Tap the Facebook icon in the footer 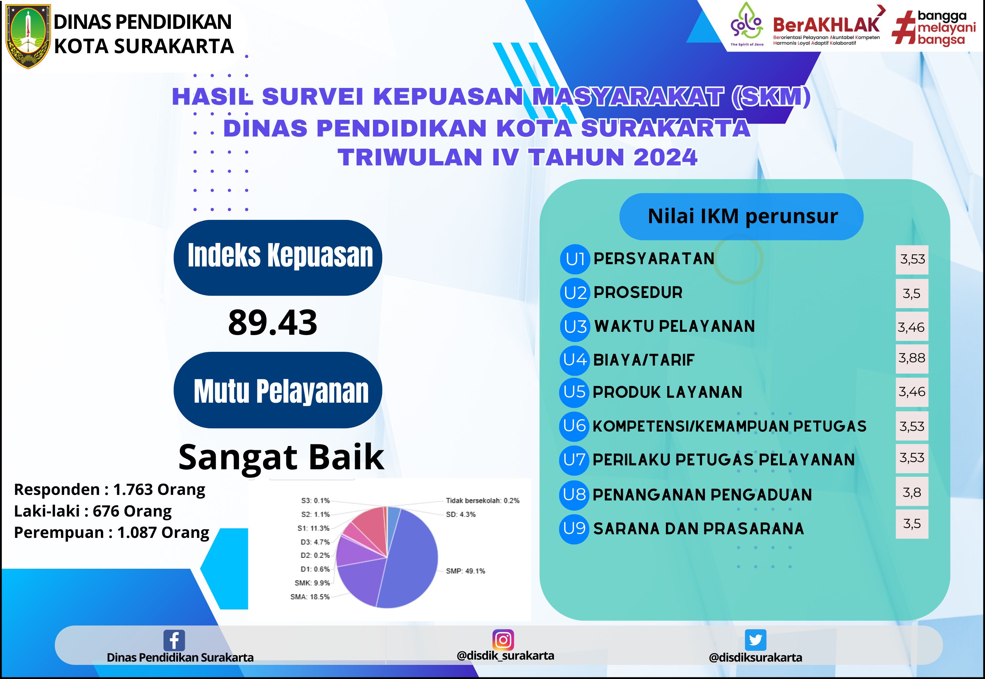[174, 640]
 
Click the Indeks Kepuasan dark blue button [278, 258]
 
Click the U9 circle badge [574, 529]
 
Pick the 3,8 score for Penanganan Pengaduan [912, 492]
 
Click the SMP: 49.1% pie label [465, 571]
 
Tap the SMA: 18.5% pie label [310, 597]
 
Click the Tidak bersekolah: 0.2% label [483, 501]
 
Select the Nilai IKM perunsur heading [743, 217]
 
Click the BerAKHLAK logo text [826, 25]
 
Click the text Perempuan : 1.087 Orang [112, 532]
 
